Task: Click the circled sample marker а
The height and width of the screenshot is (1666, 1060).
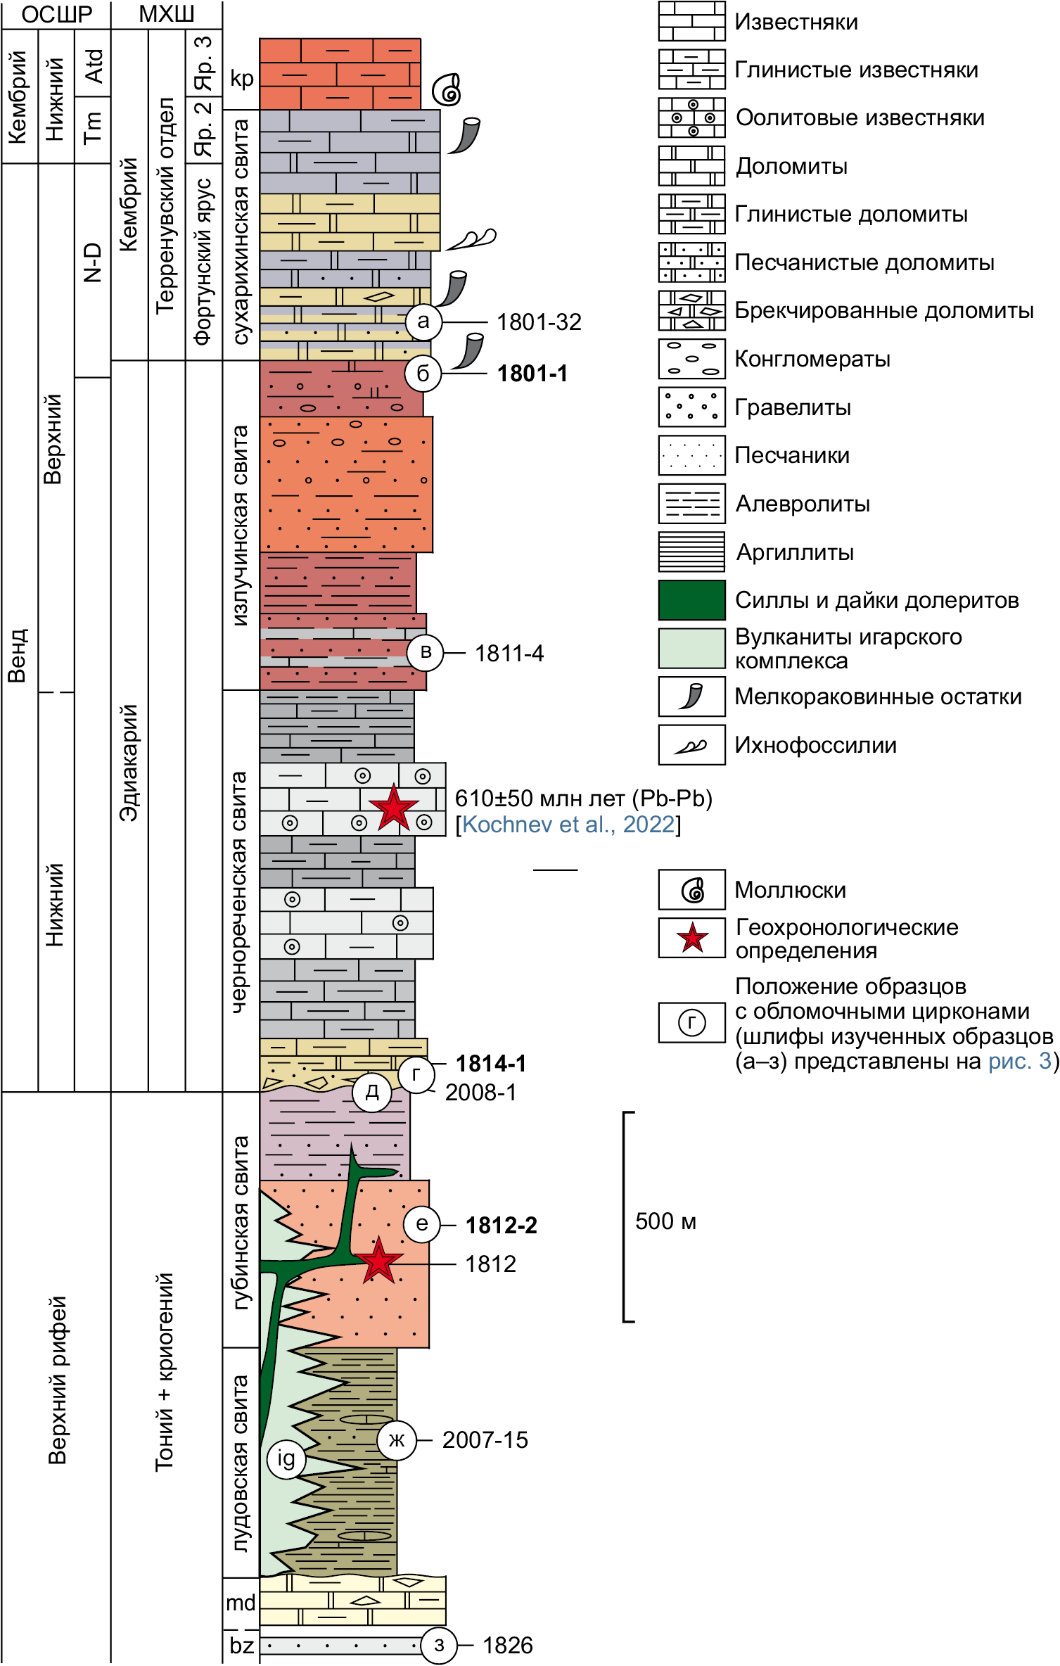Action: pyautogui.click(x=423, y=322)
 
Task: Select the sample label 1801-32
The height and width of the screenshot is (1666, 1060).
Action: pyautogui.click(x=539, y=322)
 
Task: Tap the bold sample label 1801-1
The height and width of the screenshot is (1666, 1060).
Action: pyautogui.click(x=532, y=374)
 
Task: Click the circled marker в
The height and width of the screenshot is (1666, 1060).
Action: pyautogui.click(x=426, y=652)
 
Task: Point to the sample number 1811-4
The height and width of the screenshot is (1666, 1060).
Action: pyautogui.click(x=509, y=654)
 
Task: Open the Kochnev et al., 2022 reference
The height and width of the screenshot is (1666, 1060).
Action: pyautogui.click(x=568, y=824)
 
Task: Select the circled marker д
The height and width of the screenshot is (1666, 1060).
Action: pyautogui.click(x=372, y=1092)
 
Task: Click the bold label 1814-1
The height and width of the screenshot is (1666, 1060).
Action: pyautogui.click(x=491, y=1063)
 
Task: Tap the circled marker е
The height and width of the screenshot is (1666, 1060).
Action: pyautogui.click(x=421, y=1223)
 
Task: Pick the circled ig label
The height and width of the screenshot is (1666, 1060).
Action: pyautogui.click(x=286, y=1459)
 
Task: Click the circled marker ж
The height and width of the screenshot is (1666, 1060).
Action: pyautogui.click(x=397, y=1440)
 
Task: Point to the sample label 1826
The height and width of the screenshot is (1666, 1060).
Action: pyautogui.click(x=507, y=1646)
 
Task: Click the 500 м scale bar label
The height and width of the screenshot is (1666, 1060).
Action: pyautogui.click(x=665, y=1221)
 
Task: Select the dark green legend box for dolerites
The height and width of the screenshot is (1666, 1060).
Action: pyautogui.click(x=691, y=600)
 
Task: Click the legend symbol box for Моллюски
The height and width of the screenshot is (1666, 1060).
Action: pyautogui.click(x=691, y=889)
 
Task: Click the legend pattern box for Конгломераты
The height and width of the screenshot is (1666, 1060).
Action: pyautogui.click(x=691, y=359)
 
